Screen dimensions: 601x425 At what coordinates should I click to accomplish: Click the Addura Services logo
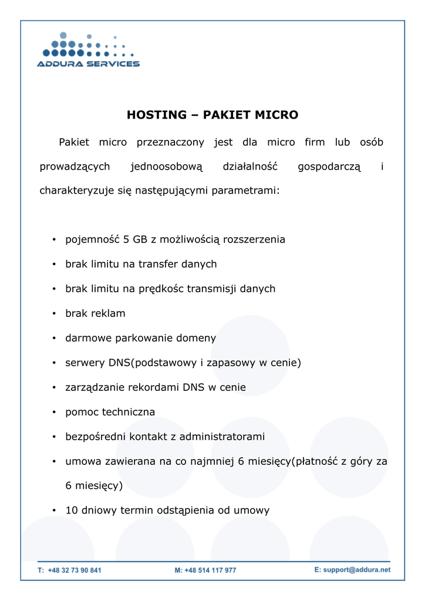[x=88, y=51]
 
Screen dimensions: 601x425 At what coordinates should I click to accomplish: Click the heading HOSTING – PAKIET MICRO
[x=212, y=115]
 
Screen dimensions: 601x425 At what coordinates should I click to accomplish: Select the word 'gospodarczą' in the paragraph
[x=329, y=167]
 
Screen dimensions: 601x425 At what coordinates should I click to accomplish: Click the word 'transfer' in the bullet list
[x=158, y=264]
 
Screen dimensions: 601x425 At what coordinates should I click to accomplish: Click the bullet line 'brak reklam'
[x=95, y=313]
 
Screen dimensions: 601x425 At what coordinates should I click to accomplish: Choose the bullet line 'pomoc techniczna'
[x=110, y=412]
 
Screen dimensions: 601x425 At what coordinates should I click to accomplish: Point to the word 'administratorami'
[x=222, y=437]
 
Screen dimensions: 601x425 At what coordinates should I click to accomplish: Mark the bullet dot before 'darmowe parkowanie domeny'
[x=53, y=339]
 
